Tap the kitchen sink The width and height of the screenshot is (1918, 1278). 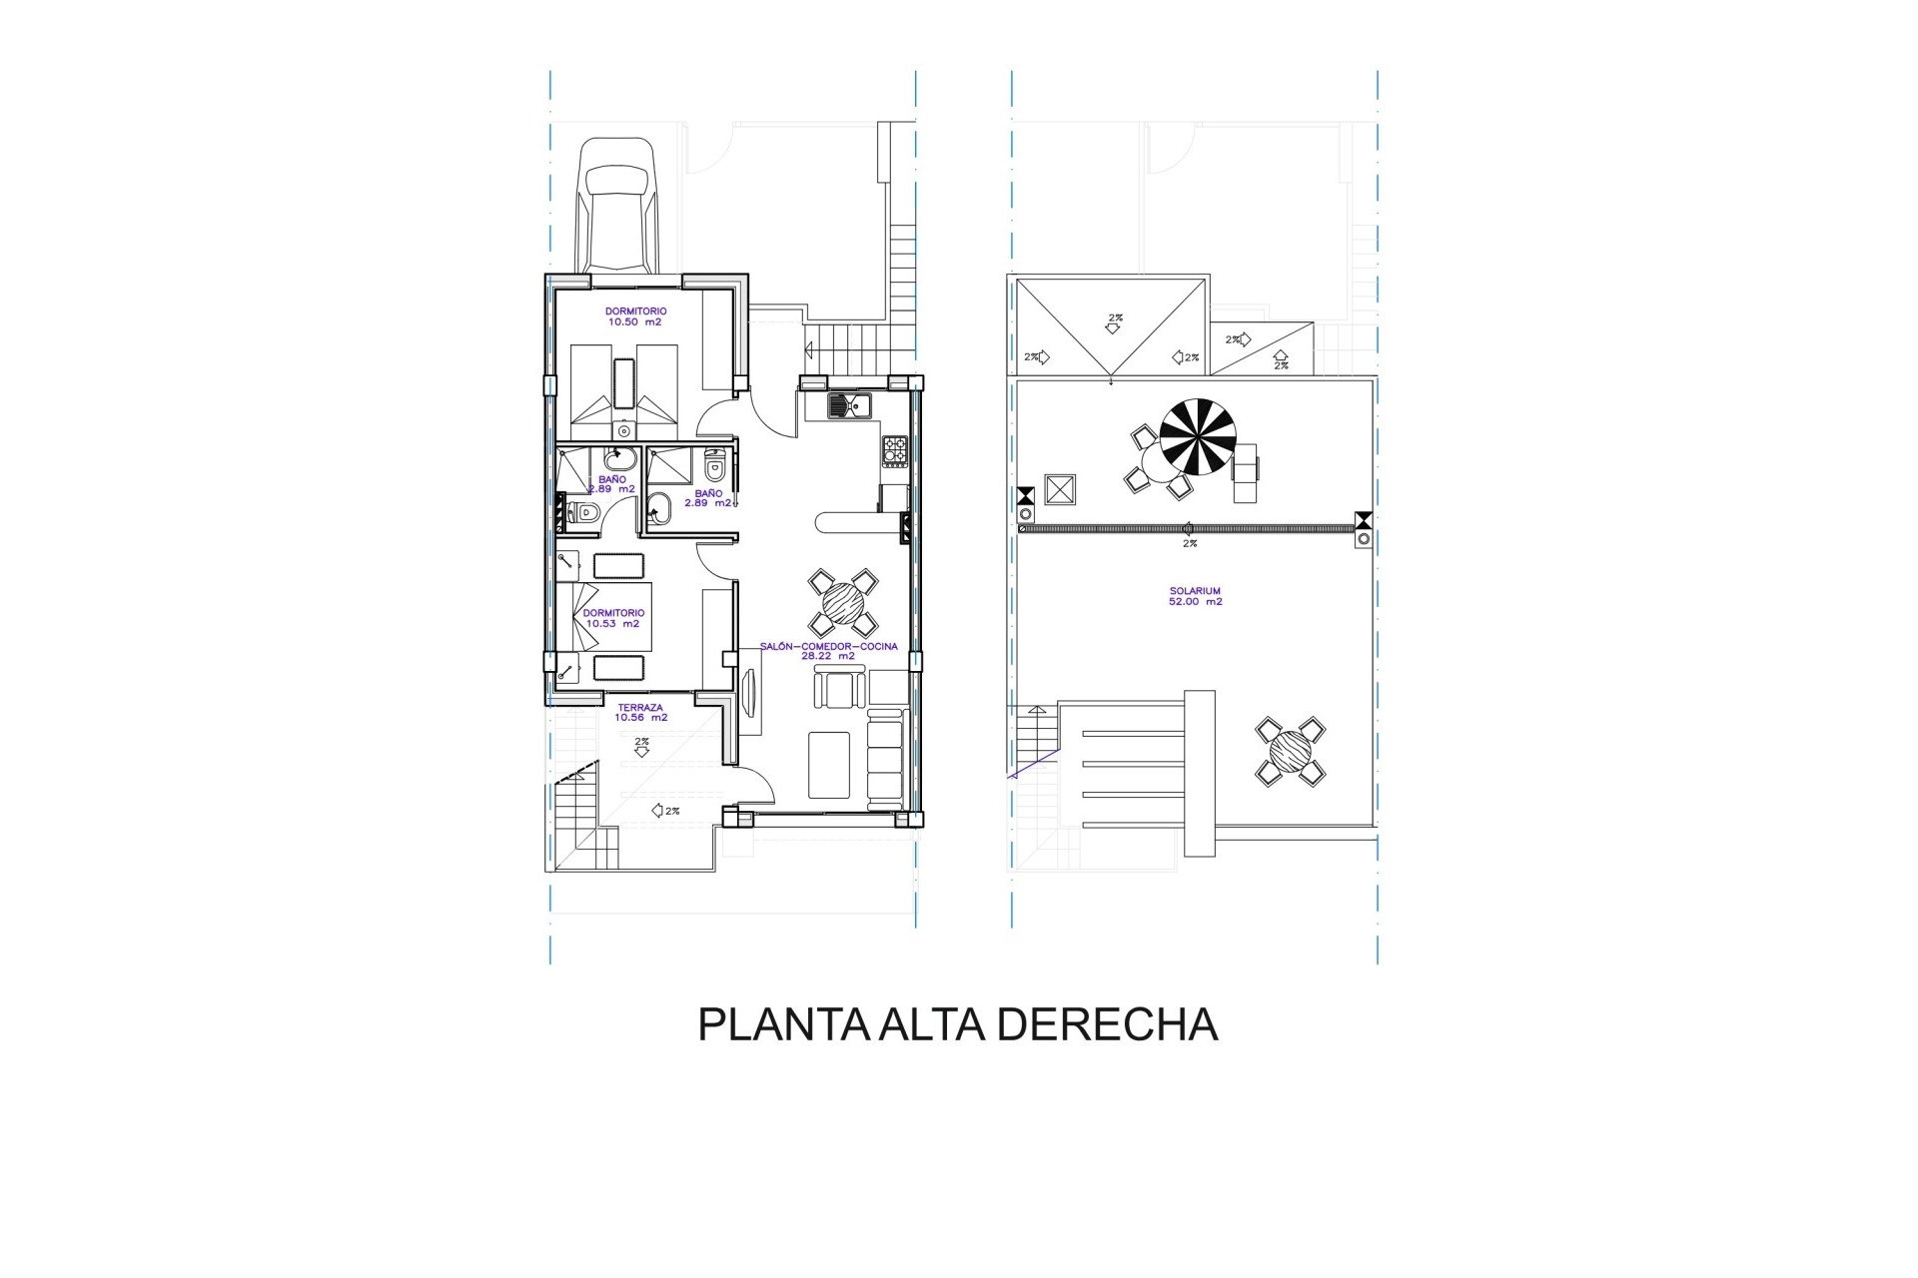coord(849,405)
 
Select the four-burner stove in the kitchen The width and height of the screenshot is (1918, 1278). coord(895,451)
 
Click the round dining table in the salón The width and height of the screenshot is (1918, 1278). coord(843,603)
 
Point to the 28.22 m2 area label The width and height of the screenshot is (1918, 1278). coord(828,656)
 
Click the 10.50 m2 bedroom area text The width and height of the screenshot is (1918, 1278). coord(634,322)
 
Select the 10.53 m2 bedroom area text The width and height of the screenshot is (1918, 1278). coord(613,624)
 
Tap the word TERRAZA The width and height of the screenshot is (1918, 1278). coord(639,708)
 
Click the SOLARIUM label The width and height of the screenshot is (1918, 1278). coord(1196,591)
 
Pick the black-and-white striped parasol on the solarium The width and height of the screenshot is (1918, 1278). coord(1198,436)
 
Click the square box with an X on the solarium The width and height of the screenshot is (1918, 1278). coord(1059,489)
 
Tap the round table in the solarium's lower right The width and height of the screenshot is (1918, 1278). coord(1291,751)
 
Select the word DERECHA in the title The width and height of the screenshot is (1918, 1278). coord(1107,1025)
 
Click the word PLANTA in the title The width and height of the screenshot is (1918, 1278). coord(783,1025)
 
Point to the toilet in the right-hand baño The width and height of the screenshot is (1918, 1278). coord(714,465)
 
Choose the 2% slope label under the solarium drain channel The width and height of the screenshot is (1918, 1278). coord(1190,544)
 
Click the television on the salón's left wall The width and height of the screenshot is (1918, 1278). coord(749,692)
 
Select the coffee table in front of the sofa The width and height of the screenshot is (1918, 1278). coord(829,765)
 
